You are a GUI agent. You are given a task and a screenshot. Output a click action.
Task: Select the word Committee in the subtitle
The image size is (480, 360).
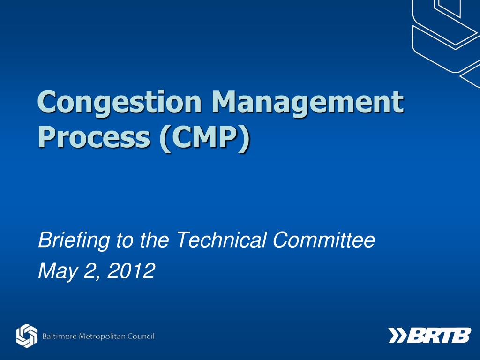324,241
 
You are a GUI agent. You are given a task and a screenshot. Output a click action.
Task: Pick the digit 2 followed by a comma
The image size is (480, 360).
90,270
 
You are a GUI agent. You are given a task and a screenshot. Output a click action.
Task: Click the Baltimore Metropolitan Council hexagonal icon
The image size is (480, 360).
27,336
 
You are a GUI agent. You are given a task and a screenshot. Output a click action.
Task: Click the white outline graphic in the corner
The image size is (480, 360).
445,35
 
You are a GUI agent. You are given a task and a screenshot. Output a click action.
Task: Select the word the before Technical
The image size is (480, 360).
154,241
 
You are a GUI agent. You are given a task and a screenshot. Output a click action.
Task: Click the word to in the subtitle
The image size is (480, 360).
125,241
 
